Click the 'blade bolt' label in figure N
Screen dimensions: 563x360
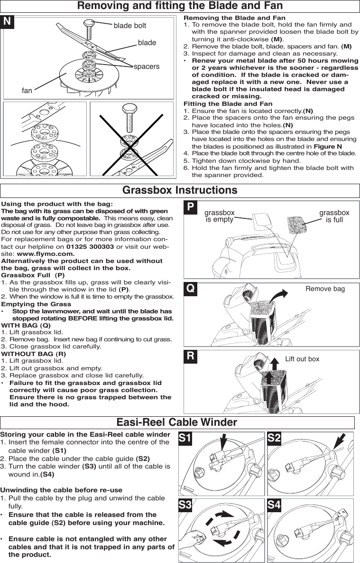(129, 26)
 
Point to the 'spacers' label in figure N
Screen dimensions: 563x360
(147, 66)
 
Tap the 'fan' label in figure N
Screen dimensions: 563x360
(27, 90)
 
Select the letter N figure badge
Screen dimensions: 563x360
(8, 22)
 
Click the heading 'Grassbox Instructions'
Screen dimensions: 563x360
(180, 190)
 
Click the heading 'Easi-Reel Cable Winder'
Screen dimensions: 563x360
(177, 422)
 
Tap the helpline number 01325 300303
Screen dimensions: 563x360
(90, 247)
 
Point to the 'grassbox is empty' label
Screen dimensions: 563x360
(219, 216)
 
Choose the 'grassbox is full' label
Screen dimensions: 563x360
(334, 216)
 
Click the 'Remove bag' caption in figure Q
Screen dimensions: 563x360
(325, 289)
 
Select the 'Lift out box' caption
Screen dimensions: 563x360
(302, 359)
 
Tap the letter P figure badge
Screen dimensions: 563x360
(190, 207)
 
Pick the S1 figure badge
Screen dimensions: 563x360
(185, 439)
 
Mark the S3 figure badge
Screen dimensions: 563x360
(185, 505)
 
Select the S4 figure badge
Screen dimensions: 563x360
(274, 505)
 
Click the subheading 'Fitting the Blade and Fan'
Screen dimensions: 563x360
(228, 103)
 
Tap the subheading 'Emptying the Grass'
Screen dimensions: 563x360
(37, 304)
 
